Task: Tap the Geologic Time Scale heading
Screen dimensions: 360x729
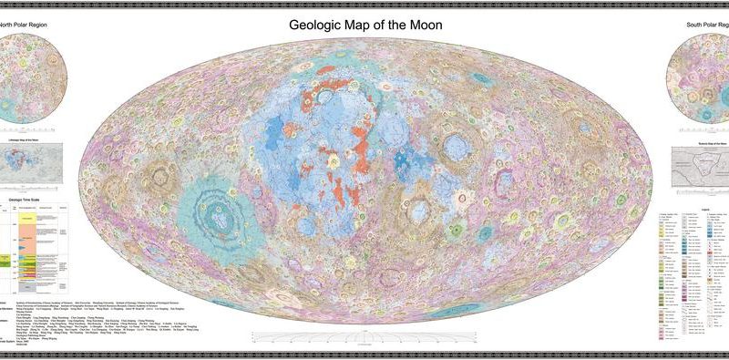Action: (27, 196)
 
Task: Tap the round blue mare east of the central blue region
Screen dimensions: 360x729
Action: (455, 146)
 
